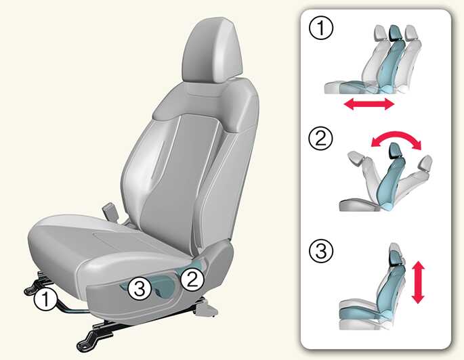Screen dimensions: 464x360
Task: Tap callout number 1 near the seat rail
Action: point(45,299)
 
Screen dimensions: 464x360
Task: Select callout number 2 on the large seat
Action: point(192,279)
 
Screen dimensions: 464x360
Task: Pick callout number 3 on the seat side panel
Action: point(140,289)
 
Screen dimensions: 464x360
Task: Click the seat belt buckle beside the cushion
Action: point(109,211)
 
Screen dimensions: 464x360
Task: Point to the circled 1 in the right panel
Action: point(321,28)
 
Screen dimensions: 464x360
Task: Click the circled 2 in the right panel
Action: point(321,138)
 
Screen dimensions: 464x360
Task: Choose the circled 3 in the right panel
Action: point(321,251)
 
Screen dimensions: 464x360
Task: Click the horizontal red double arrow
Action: point(369,104)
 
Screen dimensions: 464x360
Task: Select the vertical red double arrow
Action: point(418,282)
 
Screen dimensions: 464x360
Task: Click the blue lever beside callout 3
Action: point(163,286)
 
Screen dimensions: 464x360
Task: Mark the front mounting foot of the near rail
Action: point(87,341)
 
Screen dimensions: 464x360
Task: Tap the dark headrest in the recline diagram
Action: point(395,150)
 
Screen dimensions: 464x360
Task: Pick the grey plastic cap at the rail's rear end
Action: point(206,309)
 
